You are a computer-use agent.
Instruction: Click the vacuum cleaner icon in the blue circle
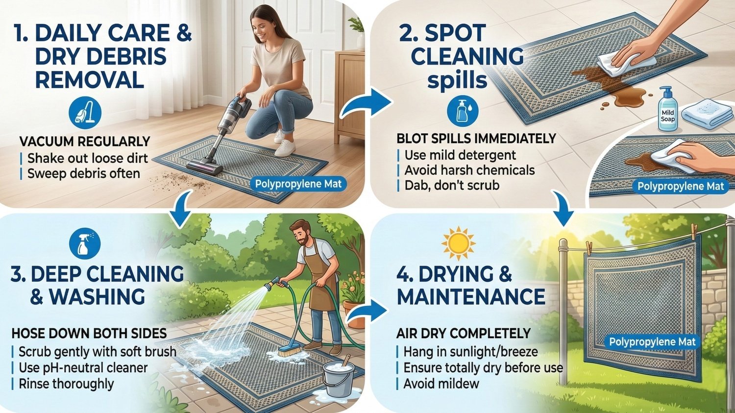[x=85, y=113]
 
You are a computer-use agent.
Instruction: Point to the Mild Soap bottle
[x=667, y=111]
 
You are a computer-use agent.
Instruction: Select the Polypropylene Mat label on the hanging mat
[x=652, y=342]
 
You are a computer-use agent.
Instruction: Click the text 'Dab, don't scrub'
[x=452, y=185]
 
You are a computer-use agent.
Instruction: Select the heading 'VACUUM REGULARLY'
[x=85, y=142]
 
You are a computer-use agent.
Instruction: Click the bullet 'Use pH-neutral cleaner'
[x=83, y=367]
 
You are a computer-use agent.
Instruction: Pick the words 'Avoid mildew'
[x=441, y=384]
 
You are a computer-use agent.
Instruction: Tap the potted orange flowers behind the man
[x=354, y=292]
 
